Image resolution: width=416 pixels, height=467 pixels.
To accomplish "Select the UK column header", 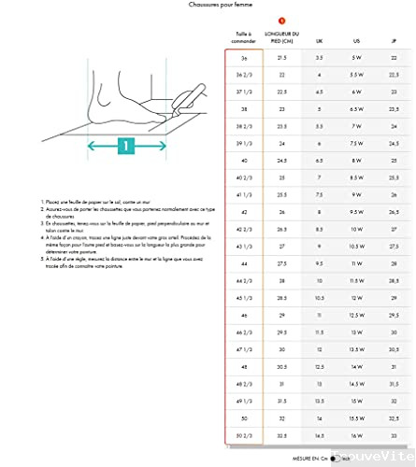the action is coord(319,41).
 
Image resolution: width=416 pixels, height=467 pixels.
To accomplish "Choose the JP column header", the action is coord(393,41).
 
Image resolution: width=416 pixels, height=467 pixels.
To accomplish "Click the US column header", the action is coord(355,41).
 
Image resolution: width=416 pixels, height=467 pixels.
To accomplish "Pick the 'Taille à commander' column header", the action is coord(243,38).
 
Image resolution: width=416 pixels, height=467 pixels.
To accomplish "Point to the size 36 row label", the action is coord(243,57).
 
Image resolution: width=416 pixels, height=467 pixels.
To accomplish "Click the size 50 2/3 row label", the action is coord(243,435).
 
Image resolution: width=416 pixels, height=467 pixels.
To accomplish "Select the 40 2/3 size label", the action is coord(243,177).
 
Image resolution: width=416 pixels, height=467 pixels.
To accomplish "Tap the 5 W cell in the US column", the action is coord(355,57).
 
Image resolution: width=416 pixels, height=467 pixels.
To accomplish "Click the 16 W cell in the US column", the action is coord(355,435).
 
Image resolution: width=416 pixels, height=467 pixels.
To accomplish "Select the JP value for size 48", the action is coord(393,367).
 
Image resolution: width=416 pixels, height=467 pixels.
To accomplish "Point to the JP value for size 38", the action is coord(393,108).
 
